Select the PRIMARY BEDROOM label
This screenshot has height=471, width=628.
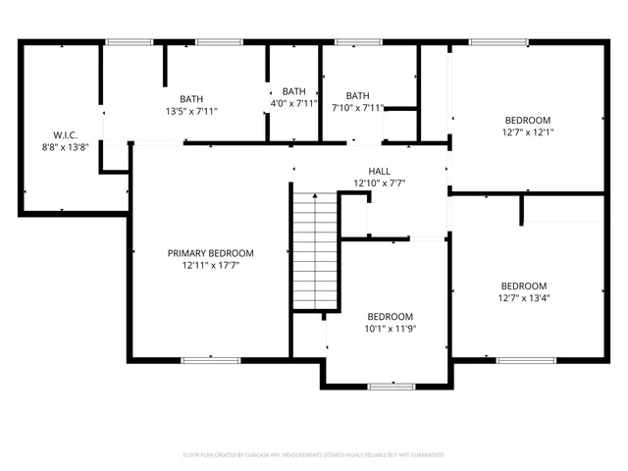tap(210, 252)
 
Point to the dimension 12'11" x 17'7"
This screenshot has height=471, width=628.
tap(210, 265)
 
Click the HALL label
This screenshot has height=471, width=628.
tap(379, 171)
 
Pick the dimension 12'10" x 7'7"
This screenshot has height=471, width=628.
tap(379, 183)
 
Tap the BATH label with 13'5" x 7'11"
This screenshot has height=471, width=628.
tap(191, 98)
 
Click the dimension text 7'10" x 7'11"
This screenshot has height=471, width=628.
tap(357, 108)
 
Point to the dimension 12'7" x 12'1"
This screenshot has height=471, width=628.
tap(527, 131)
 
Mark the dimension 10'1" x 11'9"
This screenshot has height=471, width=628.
tap(390, 329)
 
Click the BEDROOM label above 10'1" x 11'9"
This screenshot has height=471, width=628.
tap(390, 316)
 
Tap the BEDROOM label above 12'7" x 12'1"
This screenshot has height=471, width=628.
tap(527, 120)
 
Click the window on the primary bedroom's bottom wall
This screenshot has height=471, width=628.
tap(210, 360)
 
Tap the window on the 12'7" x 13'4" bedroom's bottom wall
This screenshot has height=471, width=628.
tap(520, 360)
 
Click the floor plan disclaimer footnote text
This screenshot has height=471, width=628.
tap(314, 455)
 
